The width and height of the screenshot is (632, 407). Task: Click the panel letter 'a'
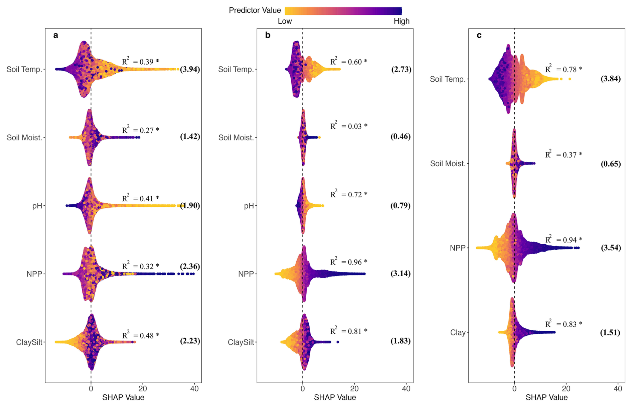pyautogui.click(x=56, y=35)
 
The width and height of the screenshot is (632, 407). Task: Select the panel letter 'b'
pyautogui.click(x=268, y=35)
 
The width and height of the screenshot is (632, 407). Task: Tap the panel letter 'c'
pyautogui.click(x=479, y=35)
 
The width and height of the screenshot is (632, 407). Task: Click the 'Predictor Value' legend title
pyautogui.click(x=255, y=11)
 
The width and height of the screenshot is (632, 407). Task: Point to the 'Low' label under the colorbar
pyautogui.click(x=285, y=21)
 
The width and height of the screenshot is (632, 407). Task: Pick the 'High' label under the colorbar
pyautogui.click(x=401, y=21)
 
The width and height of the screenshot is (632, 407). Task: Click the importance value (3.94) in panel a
pyautogui.click(x=190, y=69)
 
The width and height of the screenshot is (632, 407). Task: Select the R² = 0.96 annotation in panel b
pyautogui.click(x=349, y=262)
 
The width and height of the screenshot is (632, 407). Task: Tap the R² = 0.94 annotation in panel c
pyautogui.click(x=564, y=239)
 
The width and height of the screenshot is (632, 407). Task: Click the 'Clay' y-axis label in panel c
pyautogui.click(x=458, y=332)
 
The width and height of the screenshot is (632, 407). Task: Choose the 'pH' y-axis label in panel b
pyautogui.click(x=249, y=206)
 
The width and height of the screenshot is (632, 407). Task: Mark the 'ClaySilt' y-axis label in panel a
pyautogui.click(x=29, y=342)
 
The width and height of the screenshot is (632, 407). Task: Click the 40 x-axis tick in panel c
pyautogui.click(x=618, y=389)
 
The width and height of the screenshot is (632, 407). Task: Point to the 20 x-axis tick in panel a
pyautogui.click(x=143, y=389)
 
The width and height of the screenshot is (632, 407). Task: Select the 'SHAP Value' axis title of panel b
pyautogui.click(x=335, y=398)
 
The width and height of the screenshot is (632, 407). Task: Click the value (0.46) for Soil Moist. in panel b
pyautogui.click(x=400, y=136)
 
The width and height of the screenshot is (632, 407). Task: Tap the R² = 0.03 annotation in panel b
pyautogui.click(x=349, y=126)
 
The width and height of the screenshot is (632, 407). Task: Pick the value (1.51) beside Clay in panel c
pyautogui.click(x=610, y=332)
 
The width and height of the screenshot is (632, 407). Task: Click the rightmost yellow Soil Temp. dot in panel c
pyautogui.click(x=570, y=79)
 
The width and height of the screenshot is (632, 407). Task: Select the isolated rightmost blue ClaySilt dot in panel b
pyautogui.click(x=338, y=342)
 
